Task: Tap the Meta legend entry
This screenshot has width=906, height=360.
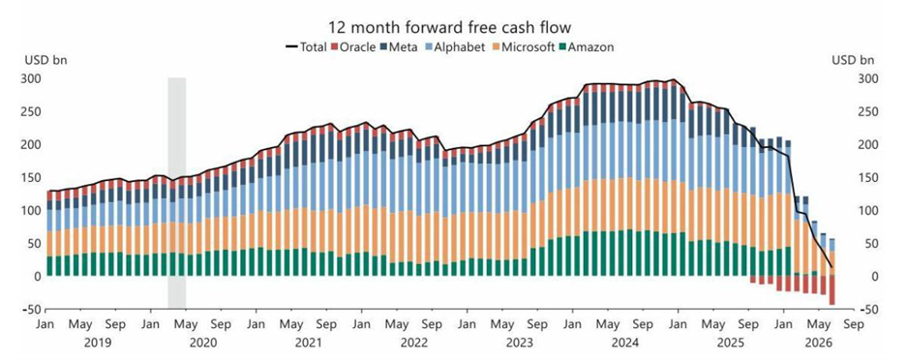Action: (398, 46)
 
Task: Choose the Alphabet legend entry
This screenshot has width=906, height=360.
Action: (452, 46)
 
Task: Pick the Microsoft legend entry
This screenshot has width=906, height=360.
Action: (523, 46)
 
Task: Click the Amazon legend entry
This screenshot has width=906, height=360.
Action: (587, 46)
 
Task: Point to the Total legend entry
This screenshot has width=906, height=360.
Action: (306, 46)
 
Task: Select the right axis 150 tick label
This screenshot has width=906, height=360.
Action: (865, 177)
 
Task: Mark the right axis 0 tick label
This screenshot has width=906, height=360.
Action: (860, 277)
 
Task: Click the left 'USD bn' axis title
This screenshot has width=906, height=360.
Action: (45, 60)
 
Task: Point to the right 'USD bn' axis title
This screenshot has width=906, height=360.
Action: (852, 60)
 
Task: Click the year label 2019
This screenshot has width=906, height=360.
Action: (98, 343)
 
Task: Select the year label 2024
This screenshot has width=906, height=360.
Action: (624, 343)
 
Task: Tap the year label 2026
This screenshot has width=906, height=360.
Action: (819, 343)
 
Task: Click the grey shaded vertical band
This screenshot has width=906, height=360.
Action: (177, 193)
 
